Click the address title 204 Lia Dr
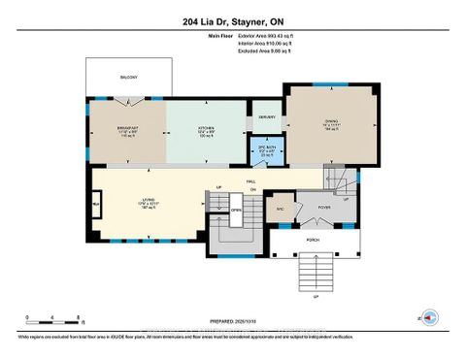tap(232, 20)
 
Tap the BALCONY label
tap(130, 77)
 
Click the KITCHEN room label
tap(206, 131)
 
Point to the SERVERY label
tap(266, 117)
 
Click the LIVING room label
tap(150, 202)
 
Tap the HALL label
tap(251, 180)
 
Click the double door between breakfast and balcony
tap(144, 99)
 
